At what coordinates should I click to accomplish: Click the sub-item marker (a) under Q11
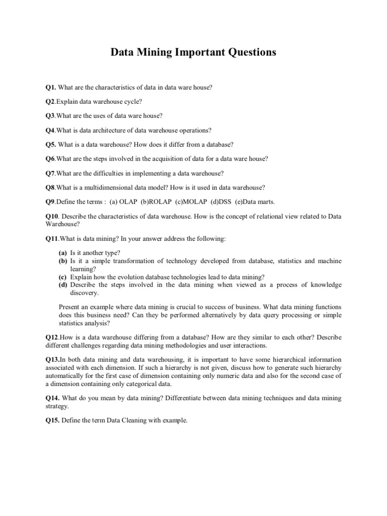62,252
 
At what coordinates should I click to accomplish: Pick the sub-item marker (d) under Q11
62,285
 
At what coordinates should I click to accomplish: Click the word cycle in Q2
126,102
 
